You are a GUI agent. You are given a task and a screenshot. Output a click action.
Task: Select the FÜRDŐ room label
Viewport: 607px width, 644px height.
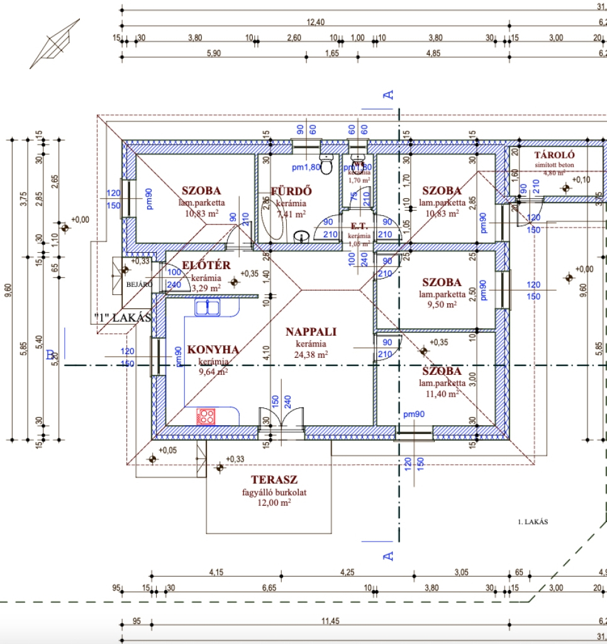tap(287, 191)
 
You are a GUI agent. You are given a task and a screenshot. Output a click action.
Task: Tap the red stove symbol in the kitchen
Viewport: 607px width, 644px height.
tap(206, 416)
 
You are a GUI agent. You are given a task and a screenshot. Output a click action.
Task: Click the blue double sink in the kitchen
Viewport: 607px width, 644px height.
tap(206, 307)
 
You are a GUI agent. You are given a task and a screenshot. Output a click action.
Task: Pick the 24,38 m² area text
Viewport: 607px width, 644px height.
tap(311, 354)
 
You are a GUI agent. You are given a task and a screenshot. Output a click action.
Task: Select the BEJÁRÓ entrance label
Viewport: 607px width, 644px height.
tap(139, 284)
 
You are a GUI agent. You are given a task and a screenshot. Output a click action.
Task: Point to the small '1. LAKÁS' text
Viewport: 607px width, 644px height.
tap(533, 522)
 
